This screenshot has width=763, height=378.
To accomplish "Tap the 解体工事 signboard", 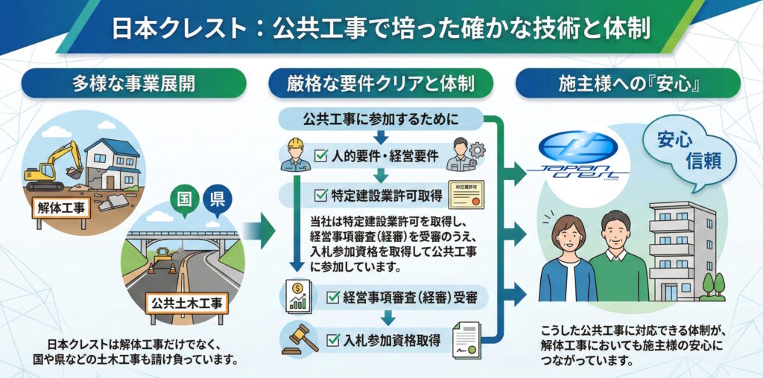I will tap(59, 206).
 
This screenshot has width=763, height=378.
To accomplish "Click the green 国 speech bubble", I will tap(182, 199).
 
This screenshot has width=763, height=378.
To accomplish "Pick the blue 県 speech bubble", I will tap(217, 199).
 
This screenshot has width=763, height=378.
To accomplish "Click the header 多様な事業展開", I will tap(134, 83).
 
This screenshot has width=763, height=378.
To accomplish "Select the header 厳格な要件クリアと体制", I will tap(381, 83).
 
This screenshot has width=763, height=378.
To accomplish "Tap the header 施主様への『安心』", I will tap(628, 83).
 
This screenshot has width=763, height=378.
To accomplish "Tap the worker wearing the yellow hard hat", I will tap(297, 155).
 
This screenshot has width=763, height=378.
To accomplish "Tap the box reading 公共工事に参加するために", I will tap(381, 118).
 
